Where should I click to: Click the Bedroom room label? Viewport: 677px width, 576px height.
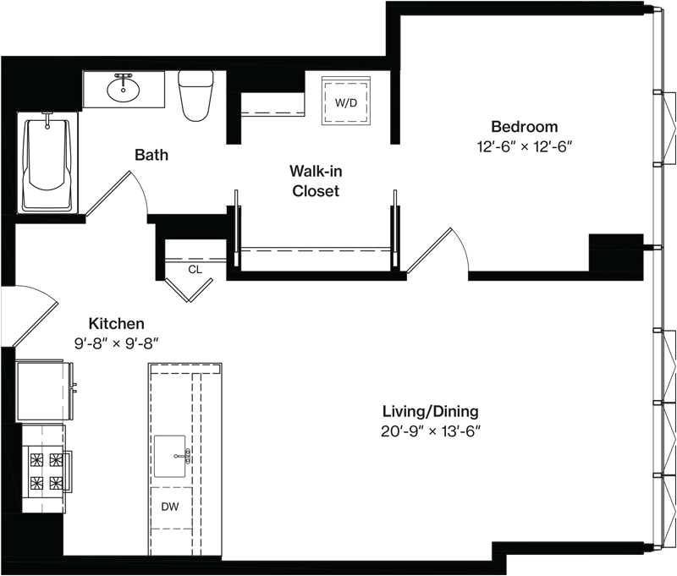525,127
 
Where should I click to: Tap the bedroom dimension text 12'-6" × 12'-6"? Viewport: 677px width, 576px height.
525,146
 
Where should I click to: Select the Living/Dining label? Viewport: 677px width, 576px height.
431,411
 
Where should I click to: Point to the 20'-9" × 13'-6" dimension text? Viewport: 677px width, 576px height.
431,431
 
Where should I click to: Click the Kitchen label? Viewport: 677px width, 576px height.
116,323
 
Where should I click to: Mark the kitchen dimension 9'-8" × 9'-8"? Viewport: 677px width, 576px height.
116,343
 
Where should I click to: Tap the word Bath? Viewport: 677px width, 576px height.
151,155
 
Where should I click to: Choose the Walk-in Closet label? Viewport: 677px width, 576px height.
316,181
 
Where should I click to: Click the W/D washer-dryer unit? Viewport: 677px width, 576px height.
346,101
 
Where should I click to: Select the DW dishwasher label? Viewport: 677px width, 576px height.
170,507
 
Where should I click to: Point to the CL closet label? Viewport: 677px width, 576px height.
195,270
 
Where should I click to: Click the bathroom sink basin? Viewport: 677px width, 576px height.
124,89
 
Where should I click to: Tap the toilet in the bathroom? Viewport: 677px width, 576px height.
196,96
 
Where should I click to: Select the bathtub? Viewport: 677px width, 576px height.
47,162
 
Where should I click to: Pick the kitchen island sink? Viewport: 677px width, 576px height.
170,456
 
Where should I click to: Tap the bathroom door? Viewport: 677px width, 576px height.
108,193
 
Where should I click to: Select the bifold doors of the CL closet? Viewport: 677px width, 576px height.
189,289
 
